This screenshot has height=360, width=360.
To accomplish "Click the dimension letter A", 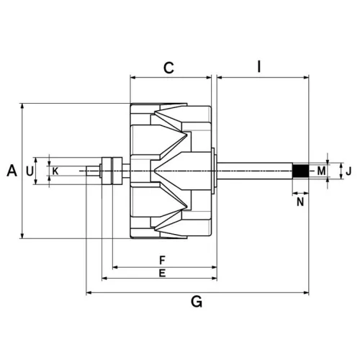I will pos(12,171).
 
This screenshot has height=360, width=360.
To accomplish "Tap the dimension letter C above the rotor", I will pos(168,68).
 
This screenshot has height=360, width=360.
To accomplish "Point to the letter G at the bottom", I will pos(196,302).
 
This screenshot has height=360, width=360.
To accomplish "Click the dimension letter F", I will pos(163,259).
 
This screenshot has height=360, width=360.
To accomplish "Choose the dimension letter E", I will pos(163,274).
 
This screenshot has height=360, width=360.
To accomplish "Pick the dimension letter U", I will pos(30,171).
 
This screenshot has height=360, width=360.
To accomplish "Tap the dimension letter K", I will pos(55,171).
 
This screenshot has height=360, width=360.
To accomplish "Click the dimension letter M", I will pos(321,171).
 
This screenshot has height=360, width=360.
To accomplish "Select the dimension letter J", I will pos(347,171).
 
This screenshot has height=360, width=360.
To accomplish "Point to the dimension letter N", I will pos(300,202).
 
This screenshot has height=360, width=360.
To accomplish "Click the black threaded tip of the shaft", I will pos(300,171).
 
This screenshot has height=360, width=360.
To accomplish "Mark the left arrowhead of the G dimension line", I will pos(89,292).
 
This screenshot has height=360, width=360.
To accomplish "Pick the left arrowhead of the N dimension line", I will pos(294,193).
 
